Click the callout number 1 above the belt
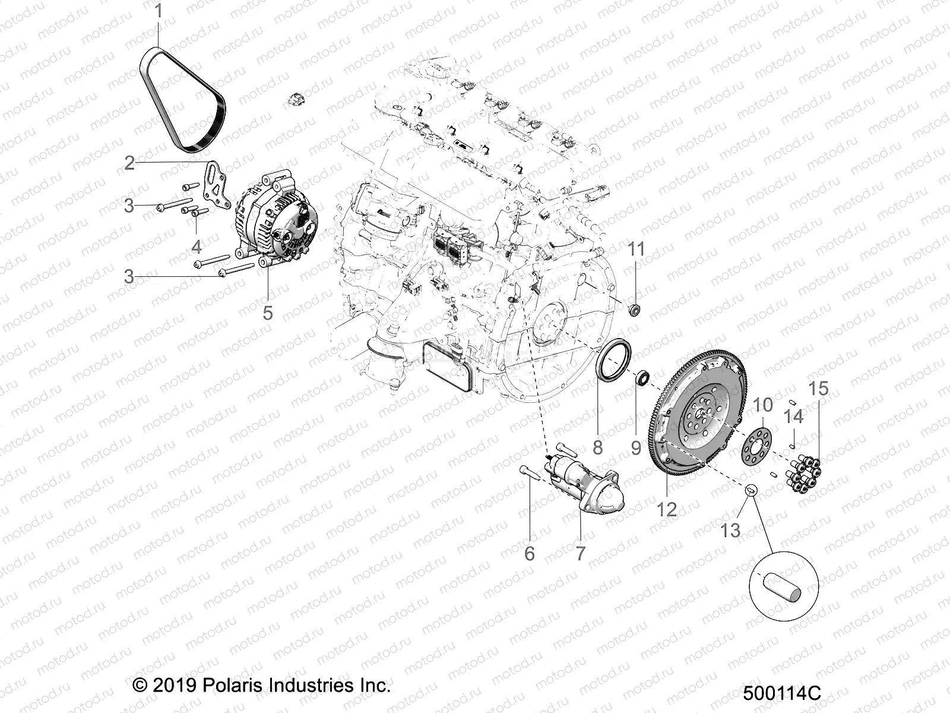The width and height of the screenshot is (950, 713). click(158, 12)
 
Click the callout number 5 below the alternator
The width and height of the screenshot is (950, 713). click(267, 312)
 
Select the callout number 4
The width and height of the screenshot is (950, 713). click(197, 246)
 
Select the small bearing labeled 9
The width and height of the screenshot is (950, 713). click(642, 377)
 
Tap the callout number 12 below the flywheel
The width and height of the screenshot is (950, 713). click(666, 509)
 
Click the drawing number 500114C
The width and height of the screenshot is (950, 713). click(781, 693)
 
